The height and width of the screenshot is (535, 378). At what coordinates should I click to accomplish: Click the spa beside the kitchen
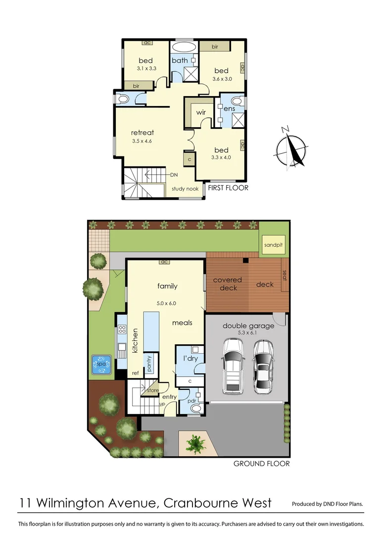[101, 365]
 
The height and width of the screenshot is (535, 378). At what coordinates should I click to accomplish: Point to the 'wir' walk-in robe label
[201, 112]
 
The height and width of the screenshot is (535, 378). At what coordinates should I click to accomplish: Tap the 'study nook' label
[185, 189]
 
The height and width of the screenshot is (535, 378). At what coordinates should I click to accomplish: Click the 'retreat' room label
[142, 132]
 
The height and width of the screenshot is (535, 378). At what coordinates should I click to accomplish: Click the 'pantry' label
[148, 363]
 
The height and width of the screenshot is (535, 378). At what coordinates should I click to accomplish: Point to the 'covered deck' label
[228, 284]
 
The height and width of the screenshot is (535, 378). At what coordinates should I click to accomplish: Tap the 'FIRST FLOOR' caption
[228, 188]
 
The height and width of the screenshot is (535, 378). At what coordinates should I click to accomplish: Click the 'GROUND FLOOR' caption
[261, 464]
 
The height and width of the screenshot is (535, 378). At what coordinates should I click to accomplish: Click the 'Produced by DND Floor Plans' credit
[328, 504]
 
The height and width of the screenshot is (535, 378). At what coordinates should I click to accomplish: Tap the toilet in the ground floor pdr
[196, 408]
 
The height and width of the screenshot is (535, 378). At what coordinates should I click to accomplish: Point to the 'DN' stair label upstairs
[174, 175]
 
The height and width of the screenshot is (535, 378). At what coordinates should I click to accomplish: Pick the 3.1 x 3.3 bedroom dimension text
[145, 69]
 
